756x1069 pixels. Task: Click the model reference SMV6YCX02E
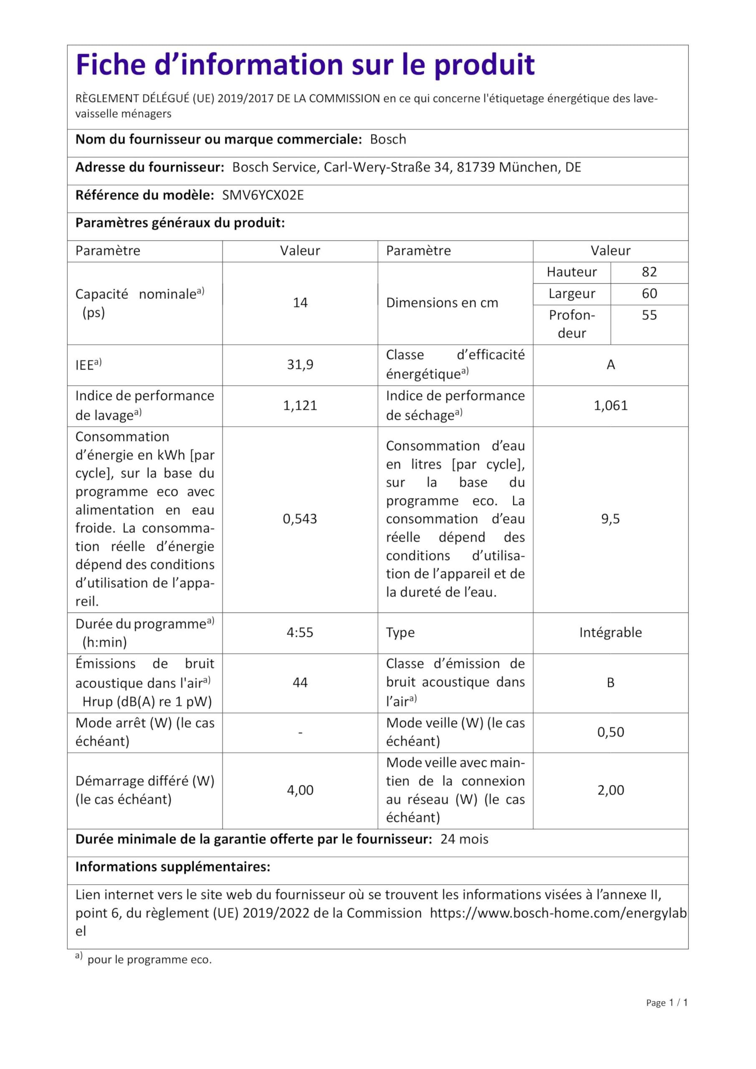tap(263, 195)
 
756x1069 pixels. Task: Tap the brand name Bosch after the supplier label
tap(388, 139)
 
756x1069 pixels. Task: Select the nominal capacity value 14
tap(300, 303)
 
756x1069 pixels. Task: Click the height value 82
tap(649, 272)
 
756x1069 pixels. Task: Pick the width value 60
tap(649, 293)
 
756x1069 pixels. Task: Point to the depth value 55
tap(649, 315)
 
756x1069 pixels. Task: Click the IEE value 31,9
tap(300, 365)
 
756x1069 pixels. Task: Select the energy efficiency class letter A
tap(610, 365)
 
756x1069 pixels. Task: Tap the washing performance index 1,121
tap(300, 405)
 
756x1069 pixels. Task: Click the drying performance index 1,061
tap(610, 405)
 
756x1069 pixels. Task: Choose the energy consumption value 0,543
tap(300, 519)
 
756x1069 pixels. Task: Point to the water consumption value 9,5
tap(610, 519)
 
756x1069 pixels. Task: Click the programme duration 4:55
tap(300, 632)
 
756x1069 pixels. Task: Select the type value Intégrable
tap(610, 632)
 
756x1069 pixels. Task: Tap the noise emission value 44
tap(300, 683)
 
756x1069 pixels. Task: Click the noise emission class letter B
tap(610, 683)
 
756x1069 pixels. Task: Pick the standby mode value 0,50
tap(610, 732)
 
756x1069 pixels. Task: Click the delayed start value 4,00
tap(300, 790)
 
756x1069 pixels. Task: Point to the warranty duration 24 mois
tap(464, 839)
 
